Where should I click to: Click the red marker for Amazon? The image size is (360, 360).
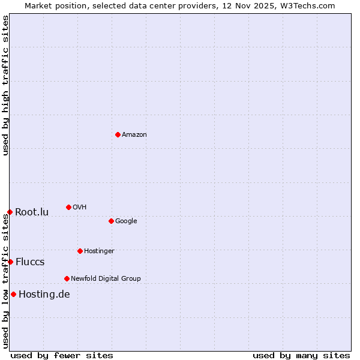tap(118, 134)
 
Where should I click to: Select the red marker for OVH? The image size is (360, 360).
tap(68, 207)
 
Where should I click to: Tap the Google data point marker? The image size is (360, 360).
tap(111, 221)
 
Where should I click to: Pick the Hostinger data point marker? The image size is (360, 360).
tap(80, 251)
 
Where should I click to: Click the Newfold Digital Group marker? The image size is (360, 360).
tap(67, 278)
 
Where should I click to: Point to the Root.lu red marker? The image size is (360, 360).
tap(10, 212)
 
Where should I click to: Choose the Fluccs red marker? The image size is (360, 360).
tap(10, 262)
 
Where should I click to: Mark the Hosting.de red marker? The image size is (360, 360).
tap(13, 294)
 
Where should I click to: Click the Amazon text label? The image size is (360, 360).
tap(134, 134)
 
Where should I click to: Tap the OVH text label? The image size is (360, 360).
tap(80, 207)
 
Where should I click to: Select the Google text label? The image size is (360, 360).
tap(126, 221)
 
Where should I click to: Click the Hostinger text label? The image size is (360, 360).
tap(99, 251)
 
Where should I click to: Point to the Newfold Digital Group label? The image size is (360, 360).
tap(106, 278)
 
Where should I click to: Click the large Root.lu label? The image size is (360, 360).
tap(32, 212)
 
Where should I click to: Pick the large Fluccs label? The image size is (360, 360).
tap(30, 262)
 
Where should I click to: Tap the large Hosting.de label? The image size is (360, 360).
tap(44, 294)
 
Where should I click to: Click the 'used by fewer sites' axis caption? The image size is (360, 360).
tap(62, 355)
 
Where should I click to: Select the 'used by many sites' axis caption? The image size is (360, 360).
tap(301, 355)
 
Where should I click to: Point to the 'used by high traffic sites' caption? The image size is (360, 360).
tap(5, 85)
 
